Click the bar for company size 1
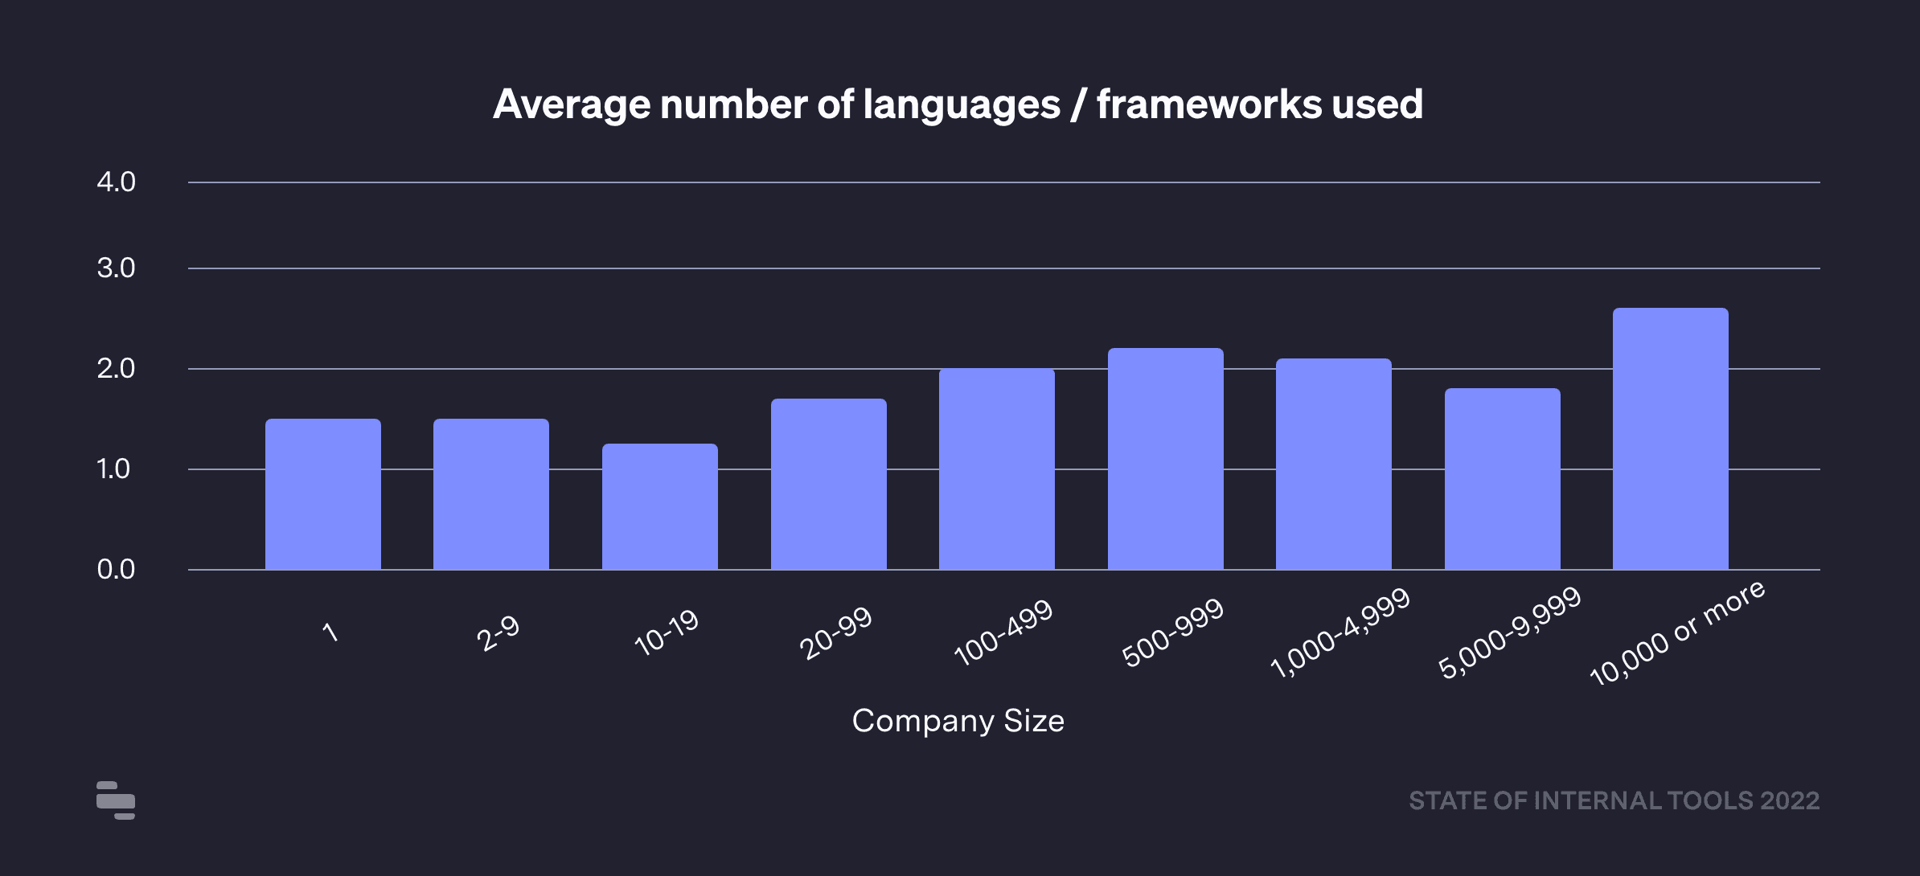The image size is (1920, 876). [x=323, y=493]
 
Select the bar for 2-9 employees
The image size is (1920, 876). [x=491, y=493]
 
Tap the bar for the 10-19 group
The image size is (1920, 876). [x=660, y=506]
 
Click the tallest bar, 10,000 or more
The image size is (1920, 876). [x=1671, y=438]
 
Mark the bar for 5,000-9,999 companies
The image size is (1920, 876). [x=1503, y=479]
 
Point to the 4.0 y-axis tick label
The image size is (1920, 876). [x=116, y=182]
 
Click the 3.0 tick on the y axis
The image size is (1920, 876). [x=116, y=268]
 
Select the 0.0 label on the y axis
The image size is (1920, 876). [x=116, y=570]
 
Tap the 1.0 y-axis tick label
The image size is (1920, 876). [x=113, y=469]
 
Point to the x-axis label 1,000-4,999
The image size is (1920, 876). [x=1340, y=632]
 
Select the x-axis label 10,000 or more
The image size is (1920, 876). [x=1678, y=632]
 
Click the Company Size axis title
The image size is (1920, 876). [x=958, y=721]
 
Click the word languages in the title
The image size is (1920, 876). [x=962, y=105]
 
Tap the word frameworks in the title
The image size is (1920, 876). [x=1208, y=104]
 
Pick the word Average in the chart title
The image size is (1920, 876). [x=572, y=105]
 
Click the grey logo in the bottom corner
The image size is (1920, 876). [x=116, y=800]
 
